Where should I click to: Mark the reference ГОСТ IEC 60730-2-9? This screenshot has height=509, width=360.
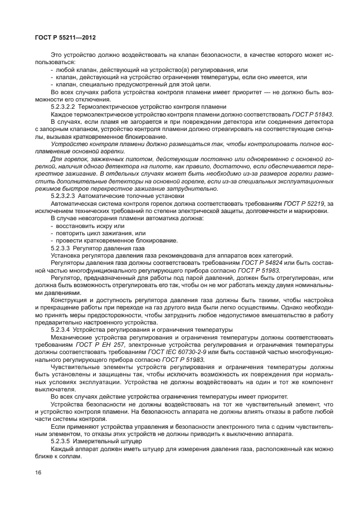click(x=201, y=353)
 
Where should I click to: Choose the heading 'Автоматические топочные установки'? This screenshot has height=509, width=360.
click(x=131, y=196)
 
